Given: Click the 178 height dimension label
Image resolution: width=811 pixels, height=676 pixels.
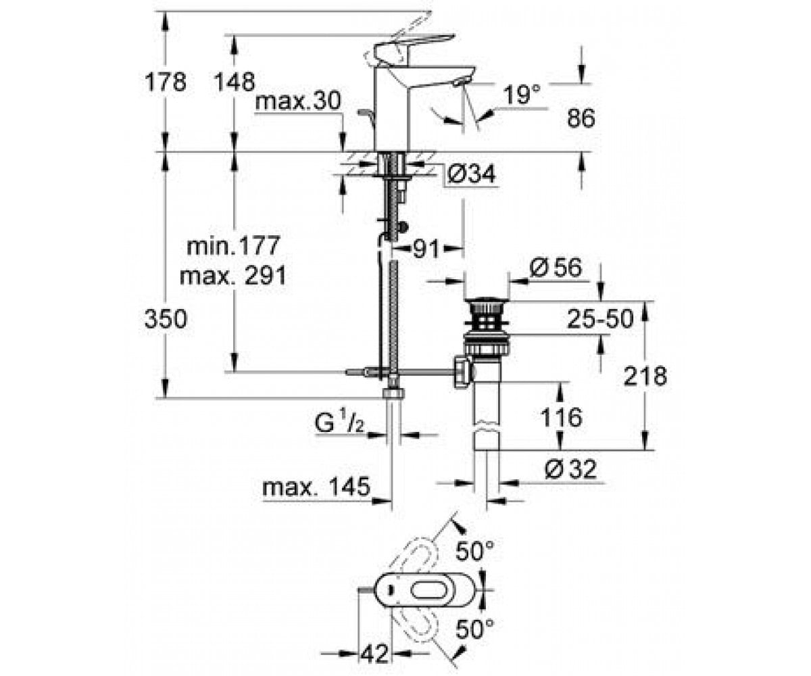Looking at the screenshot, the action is pyautogui.click(x=166, y=82).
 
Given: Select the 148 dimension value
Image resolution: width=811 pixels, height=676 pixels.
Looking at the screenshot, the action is pyautogui.click(x=235, y=82).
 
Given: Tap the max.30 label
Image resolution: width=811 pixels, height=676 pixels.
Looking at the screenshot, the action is pyautogui.click(x=297, y=101).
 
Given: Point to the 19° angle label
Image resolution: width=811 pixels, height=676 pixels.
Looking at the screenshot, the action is pyautogui.click(x=522, y=95).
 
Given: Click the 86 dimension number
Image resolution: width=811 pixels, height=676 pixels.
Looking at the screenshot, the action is pyautogui.click(x=581, y=118).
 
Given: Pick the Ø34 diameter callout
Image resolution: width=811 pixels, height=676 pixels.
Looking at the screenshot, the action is pyautogui.click(x=471, y=174).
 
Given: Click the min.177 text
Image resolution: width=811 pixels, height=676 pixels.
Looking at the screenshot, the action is pyautogui.click(x=233, y=246).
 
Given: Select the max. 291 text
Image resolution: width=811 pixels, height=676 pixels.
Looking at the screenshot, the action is pyautogui.click(x=232, y=275).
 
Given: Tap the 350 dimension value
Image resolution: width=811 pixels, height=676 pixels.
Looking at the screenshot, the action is pyautogui.click(x=166, y=319).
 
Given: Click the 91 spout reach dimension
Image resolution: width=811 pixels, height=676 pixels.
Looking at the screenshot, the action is pyautogui.click(x=426, y=248).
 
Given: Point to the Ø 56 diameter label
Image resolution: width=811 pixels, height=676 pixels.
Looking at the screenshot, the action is pyautogui.click(x=556, y=267).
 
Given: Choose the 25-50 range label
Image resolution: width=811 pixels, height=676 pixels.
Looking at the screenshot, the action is pyautogui.click(x=600, y=319).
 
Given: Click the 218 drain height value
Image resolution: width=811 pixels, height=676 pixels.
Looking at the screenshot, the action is pyautogui.click(x=645, y=376).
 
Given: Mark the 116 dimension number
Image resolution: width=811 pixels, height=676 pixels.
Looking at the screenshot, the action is pyautogui.click(x=561, y=417).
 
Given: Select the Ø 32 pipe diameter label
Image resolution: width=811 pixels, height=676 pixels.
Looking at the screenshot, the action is pyautogui.click(x=570, y=469).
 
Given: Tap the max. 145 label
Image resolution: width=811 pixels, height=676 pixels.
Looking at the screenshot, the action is pyautogui.click(x=316, y=487).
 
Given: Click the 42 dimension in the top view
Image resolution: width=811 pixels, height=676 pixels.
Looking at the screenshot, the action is pyautogui.click(x=374, y=653).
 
